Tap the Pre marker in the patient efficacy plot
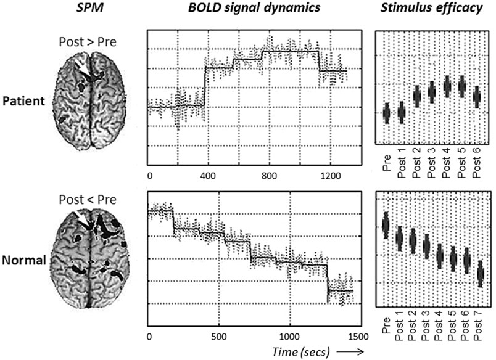click(x=387, y=113)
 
